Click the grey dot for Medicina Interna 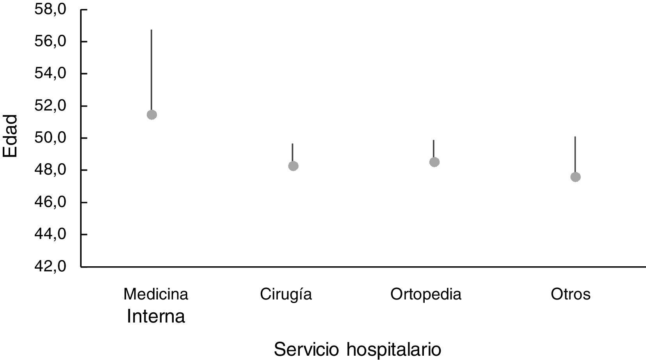tap(152, 114)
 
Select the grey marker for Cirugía tap(293, 166)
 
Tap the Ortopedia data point tap(434, 162)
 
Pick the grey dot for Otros tap(575, 177)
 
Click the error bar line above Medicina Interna tap(151, 70)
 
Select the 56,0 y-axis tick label tap(51, 41)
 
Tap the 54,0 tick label tap(51, 73)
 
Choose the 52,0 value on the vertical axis tap(51, 106)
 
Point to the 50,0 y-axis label tap(51, 138)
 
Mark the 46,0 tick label tap(51, 202)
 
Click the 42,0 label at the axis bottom tap(51, 267)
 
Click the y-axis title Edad tap(11, 135)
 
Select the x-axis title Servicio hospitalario tap(357, 349)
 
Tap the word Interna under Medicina tap(156, 317)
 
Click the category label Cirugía tap(286, 294)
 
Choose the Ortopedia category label tap(426, 294)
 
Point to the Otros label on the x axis tap(571, 294)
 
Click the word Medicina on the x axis tap(156, 294)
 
